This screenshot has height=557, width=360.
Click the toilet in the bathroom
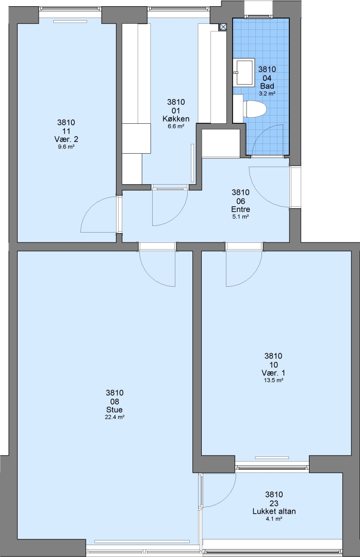pyautogui.click(x=255, y=109)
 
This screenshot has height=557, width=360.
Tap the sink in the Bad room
pyautogui.click(x=244, y=73)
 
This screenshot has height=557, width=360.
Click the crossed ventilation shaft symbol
pyautogui.click(x=223, y=27)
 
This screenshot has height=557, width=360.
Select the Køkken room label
pyautogui.click(x=176, y=119)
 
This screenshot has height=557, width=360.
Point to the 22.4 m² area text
pyautogui.click(x=114, y=417)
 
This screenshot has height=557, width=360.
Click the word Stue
pyautogui.click(x=114, y=409)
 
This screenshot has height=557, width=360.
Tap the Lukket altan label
pyautogui.click(x=274, y=512)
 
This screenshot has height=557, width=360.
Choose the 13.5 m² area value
pyautogui.click(x=274, y=380)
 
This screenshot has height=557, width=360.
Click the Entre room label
pyautogui.click(x=240, y=209)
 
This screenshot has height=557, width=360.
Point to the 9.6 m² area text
pyautogui.click(x=66, y=146)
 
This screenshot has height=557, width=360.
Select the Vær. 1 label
pyautogui.click(x=273, y=373)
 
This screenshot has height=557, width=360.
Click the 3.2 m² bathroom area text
pyautogui.click(x=267, y=93)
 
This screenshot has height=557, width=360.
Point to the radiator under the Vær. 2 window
pyautogui.click(x=70, y=21)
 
